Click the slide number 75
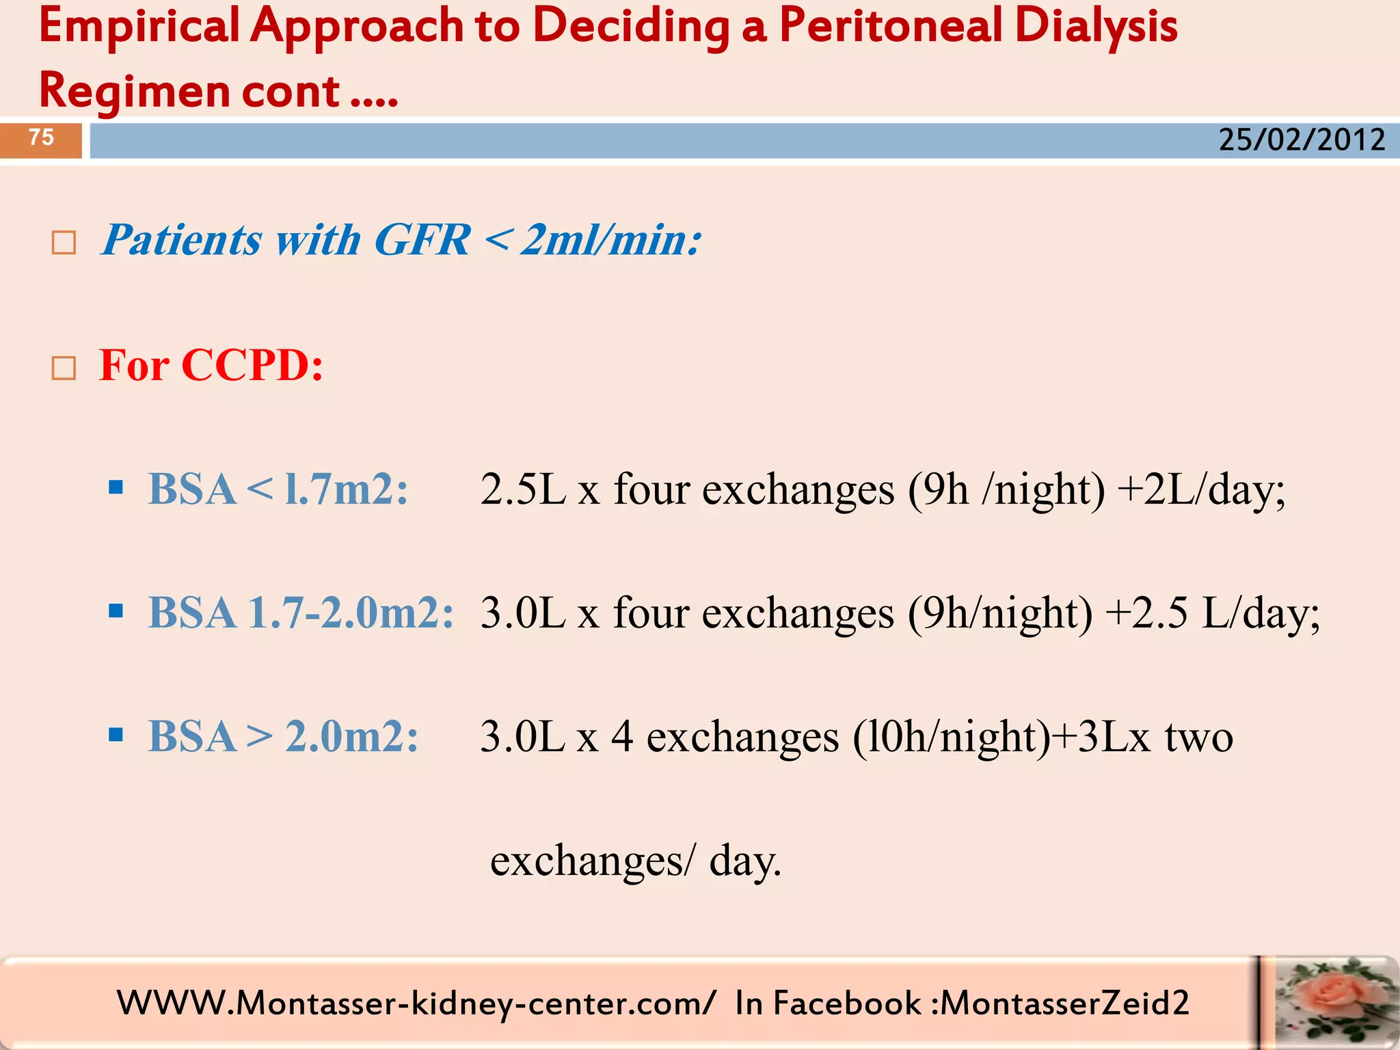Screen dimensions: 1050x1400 [x=41, y=137]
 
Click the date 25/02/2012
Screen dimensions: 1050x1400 [x=1302, y=140]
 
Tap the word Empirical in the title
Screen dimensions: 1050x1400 [x=139, y=26]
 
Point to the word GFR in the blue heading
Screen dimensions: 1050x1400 [x=422, y=240]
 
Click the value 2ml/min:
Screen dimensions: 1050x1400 [x=610, y=240]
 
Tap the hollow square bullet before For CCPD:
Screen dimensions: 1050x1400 [x=64, y=368]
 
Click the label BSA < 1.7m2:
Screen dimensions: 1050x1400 [x=278, y=489]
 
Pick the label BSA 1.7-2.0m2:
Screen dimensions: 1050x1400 [x=301, y=612]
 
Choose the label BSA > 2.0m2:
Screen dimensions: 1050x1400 [x=283, y=737]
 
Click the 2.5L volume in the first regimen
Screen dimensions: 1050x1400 [x=523, y=489]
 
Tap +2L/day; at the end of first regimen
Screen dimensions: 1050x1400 [x=1201, y=489]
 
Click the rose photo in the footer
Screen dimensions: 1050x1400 [x=1329, y=1002]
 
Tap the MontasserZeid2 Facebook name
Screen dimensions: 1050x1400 [x=1064, y=1004]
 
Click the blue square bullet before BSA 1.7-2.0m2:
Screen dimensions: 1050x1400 [x=116, y=610]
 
